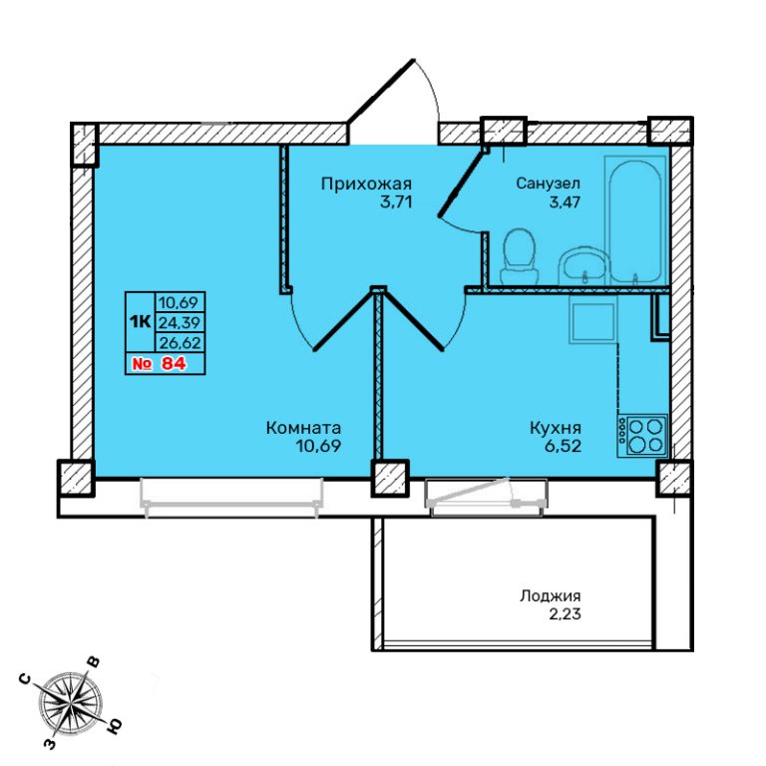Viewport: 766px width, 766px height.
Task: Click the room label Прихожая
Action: pos(366,184)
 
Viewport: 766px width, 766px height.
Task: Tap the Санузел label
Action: pos(549,184)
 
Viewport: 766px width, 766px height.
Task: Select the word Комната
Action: pos(303,428)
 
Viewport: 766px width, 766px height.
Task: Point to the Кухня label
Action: pos(556,428)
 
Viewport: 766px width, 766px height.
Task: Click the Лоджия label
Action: pos(551,596)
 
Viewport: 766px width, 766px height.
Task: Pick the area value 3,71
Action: pos(396,201)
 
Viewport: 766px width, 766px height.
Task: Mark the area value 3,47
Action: pos(565,201)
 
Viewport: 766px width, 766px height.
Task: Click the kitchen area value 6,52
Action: pos(566,446)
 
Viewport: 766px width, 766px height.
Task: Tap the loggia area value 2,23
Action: pos(566,614)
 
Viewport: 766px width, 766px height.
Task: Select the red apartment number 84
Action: pos(174,363)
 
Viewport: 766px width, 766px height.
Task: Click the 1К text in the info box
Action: pos(140,321)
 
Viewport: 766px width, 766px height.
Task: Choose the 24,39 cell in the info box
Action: pos(180,322)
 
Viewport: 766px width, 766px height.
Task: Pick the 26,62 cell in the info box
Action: pos(180,342)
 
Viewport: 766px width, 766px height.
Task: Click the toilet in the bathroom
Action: pos(519,255)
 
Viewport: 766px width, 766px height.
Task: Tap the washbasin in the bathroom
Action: pos(583,265)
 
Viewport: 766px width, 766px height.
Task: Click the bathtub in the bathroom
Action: pos(635,220)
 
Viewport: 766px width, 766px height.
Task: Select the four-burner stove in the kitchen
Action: pos(642,436)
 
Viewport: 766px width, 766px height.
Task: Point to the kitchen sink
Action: pos(593,323)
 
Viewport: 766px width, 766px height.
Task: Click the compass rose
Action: pos(71,703)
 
